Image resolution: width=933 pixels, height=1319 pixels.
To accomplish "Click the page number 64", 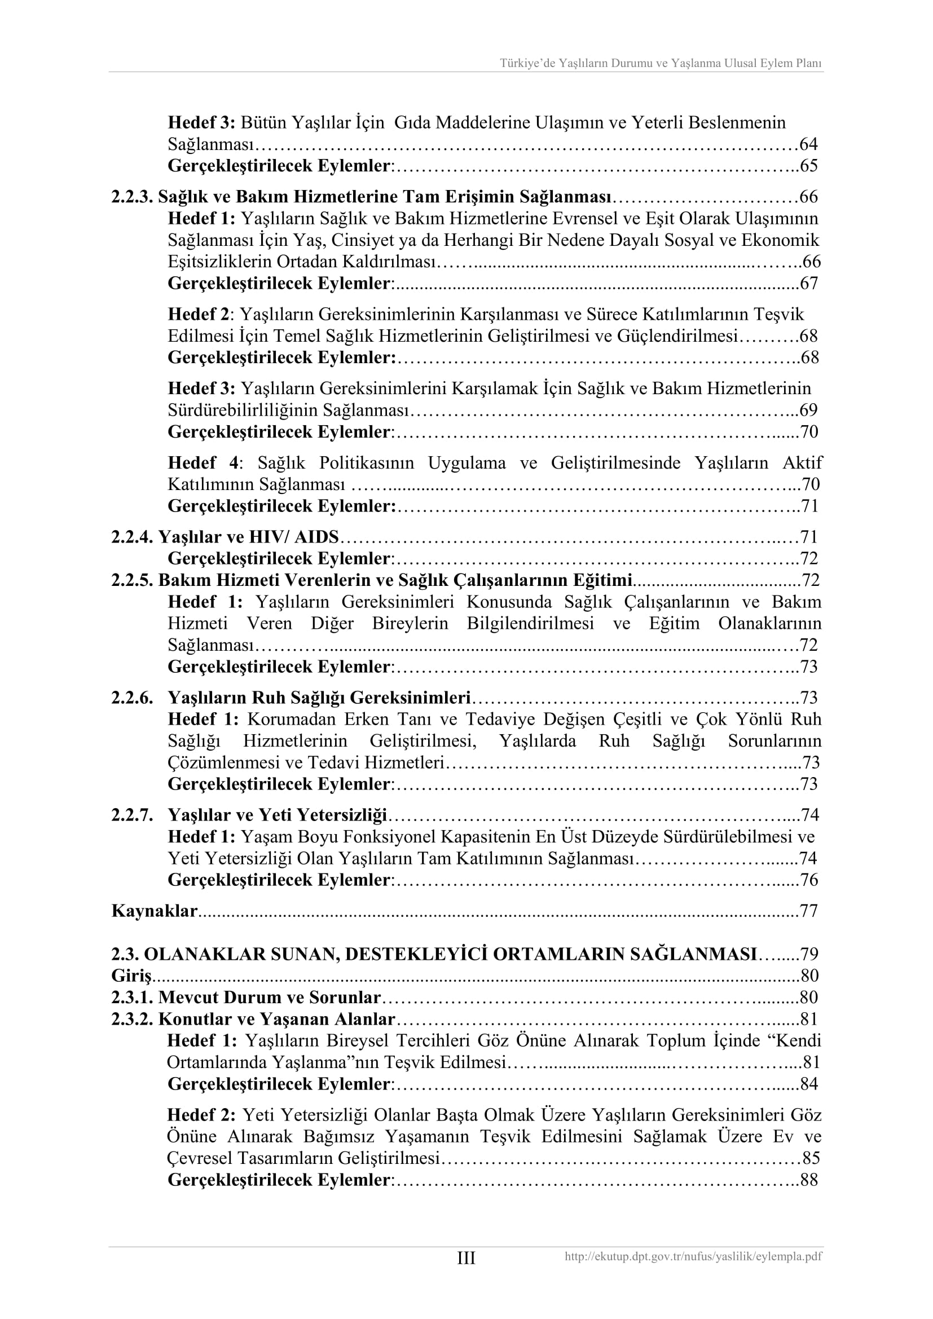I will point(808,144).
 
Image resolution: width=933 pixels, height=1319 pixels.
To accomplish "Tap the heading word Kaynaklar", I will point(154,911).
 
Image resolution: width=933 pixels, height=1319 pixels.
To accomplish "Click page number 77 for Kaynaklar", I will point(808,911).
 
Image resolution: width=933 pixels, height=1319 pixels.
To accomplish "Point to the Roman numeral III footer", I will point(466,1258).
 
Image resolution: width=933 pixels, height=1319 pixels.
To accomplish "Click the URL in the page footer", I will point(693,1257).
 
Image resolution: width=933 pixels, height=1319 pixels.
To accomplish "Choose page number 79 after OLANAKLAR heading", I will point(809,954).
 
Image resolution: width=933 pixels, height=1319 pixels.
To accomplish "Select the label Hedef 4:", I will point(205,463).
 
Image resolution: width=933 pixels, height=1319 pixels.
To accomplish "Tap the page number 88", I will point(808,1180).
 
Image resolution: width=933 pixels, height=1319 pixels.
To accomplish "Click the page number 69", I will point(808,411).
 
